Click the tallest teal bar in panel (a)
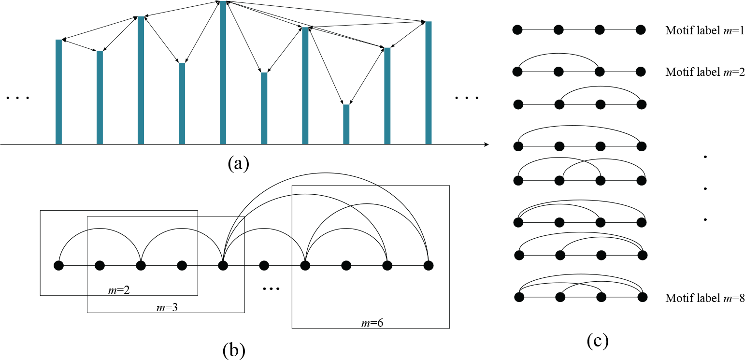pos(223,72)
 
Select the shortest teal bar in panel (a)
pos(346,124)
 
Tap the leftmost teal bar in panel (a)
pos(59,92)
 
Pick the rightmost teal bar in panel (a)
pos(428,83)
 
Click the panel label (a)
pos(238,164)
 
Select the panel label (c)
pos(597,342)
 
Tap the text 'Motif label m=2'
pos(705,72)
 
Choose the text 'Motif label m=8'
pos(705,299)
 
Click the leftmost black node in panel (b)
pos(59,265)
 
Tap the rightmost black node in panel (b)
pos(428,265)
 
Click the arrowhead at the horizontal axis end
pos(486,144)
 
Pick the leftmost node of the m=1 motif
pos(517,30)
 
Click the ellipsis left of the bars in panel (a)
pos(18,99)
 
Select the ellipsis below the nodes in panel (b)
pos(271,289)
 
